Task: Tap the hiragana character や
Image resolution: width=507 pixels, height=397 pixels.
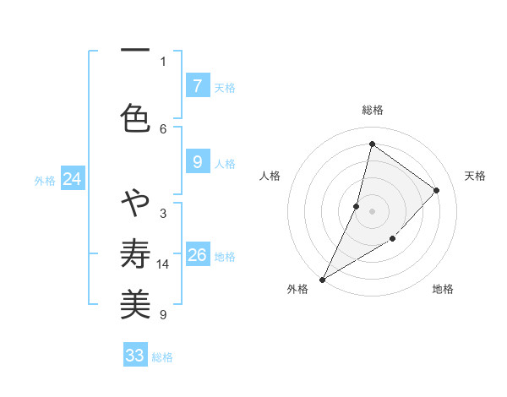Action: pos(135,204)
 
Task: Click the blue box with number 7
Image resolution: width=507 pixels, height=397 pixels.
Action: pos(197,85)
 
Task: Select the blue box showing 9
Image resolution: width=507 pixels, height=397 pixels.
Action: pos(197,162)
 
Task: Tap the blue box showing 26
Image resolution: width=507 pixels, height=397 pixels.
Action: pos(197,255)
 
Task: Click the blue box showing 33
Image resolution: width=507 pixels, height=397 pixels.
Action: pos(135,356)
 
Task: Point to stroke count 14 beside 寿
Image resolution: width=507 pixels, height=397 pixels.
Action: pos(163,264)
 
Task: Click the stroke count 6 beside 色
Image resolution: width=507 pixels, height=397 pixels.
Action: pos(163,128)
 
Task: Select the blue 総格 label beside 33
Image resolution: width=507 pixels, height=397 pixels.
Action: pos(163,357)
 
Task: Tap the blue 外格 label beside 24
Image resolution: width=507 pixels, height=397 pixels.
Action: pos(45,180)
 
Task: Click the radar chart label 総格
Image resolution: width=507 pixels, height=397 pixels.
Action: pos(373,110)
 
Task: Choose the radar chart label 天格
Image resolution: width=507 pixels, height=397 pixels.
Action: pos(475,176)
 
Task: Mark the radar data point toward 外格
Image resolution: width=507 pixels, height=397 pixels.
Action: pos(322,279)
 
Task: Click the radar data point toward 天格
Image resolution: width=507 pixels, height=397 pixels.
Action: pos(437,190)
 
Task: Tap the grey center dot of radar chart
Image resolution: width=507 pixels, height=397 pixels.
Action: pos(372,211)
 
